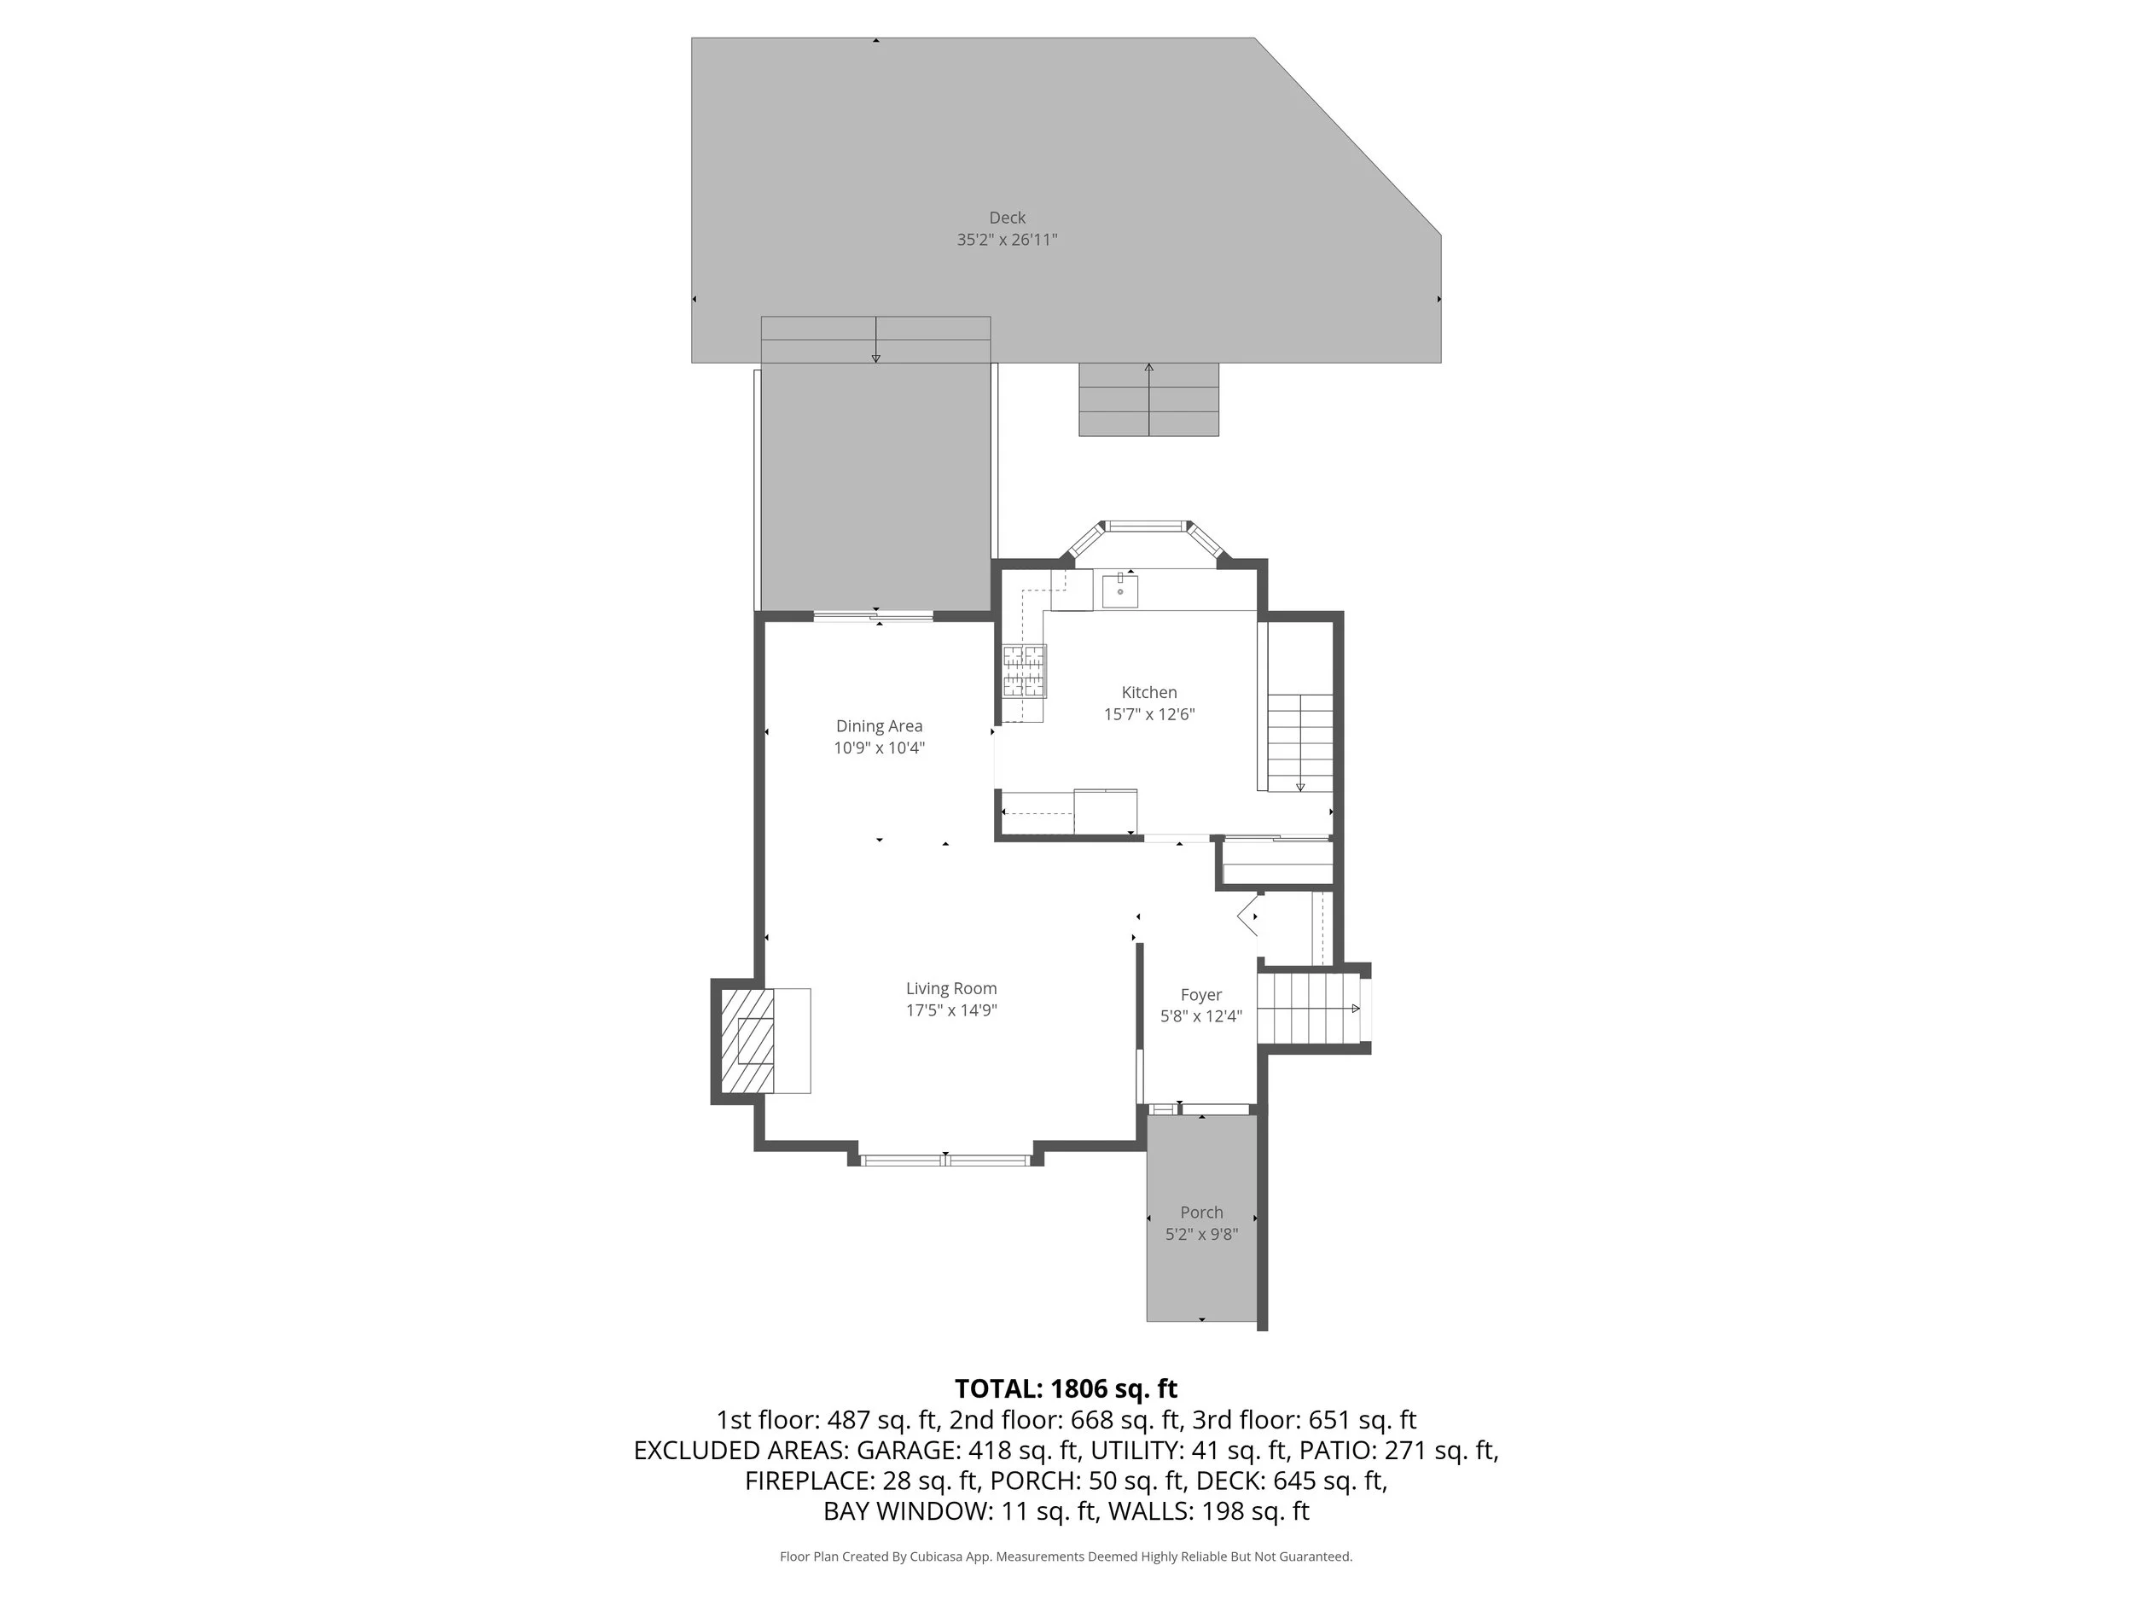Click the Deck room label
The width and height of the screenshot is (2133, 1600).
(x=1007, y=218)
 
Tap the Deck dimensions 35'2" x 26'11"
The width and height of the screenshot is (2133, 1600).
(x=1007, y=240)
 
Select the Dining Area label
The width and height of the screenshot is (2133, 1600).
(x=879, y=726)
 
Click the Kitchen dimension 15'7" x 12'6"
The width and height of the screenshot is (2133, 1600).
(x=1148, y=714)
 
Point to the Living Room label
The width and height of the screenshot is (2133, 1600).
(x=950, y=988)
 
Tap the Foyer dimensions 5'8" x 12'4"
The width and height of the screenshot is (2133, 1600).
(x=1200, y=1015)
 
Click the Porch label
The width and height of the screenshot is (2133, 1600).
(x=1200, y=1213)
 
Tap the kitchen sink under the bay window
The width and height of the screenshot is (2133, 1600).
(x=1119, y=591)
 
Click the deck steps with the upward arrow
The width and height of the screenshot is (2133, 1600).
(x=1148, y=399)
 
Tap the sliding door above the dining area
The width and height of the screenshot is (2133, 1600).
(x=874, y=616)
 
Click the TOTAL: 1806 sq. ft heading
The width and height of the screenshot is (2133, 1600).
(x=1066, y=1388)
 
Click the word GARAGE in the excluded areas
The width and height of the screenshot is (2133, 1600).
(x=906, y=1451)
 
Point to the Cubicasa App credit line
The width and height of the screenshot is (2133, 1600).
(x=1066, y=1556)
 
